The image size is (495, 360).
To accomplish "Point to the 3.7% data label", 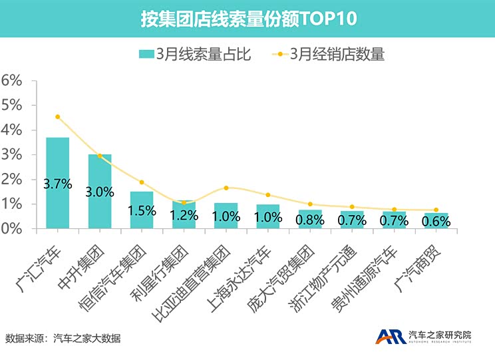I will tap(58, 184).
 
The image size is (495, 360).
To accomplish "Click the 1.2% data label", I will tap(184, 215).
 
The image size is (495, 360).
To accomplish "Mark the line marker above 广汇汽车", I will tap(58, 116).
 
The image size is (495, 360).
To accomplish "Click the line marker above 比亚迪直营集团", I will tap(226, 188).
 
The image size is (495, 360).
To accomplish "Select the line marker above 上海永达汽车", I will tap(268, 195).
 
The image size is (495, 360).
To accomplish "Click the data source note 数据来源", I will tap(63, 338).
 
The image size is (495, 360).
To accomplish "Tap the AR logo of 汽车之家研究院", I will tap(391, 337).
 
